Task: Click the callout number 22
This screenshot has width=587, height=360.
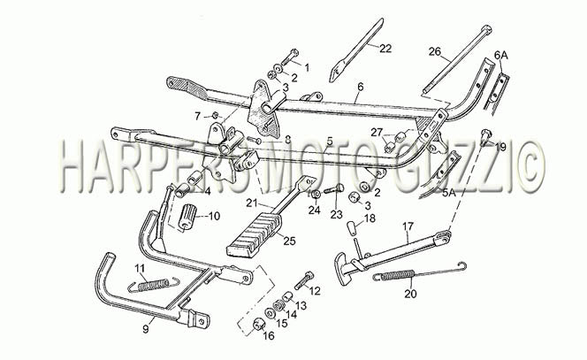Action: point(385,49)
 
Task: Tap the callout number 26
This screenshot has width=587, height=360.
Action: point(435,51)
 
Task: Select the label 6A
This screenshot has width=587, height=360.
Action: point(501,56)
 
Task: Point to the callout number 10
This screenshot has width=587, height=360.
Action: point(214,216)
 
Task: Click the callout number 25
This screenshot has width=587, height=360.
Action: point(289,241)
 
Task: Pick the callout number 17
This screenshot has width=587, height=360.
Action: point(408,226)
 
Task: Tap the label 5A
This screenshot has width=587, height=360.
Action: point(449,194)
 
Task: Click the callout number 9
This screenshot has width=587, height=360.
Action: point(146,329)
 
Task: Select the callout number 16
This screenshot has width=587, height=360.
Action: point(269,335)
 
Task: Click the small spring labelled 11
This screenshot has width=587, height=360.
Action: point(154,285)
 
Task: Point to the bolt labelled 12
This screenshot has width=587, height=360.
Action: point(304,281)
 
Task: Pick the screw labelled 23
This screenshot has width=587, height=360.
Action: point(334,188)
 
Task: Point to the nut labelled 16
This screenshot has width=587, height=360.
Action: point(258,324)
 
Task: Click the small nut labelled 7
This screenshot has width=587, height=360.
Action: point(215,115)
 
